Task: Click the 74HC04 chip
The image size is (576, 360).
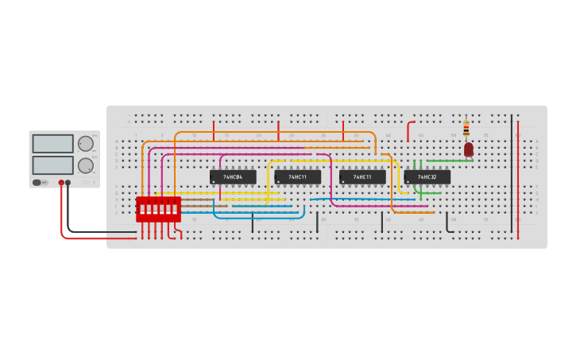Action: pyautogui.click(x=233, y=176)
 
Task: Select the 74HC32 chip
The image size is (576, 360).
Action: pyautogui.click(x=427, y=176)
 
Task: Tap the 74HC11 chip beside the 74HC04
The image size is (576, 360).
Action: pyautogui.click(x=298, y=176)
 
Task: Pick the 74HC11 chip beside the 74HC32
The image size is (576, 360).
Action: pyautogui.click(x=362, y=176)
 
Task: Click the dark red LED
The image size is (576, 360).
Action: pyautogui.click(x=469, y=149)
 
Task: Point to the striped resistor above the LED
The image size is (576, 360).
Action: pyautogui.click(x=466, y=128)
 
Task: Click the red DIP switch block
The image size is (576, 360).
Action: pyautogui.click(x=158, y=209)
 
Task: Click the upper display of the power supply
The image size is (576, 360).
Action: pyautogui.click(x=52, y=144)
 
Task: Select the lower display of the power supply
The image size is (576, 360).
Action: pyautogui.click(x=52, y=165)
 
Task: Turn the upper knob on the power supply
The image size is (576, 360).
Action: pyautogui.click(x=85, y=144)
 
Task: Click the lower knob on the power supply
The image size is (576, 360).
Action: pyautogui.click(x=85, y=165)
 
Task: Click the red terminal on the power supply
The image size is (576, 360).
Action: pyautogui.click(x=61, y=183)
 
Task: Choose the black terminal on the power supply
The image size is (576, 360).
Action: pyautogui.click(x=68, y=183)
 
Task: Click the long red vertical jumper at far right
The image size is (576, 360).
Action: pyautogui.click(x=518, y=179)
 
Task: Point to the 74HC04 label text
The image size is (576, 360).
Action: pyautogui.click(x=233, y=176)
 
